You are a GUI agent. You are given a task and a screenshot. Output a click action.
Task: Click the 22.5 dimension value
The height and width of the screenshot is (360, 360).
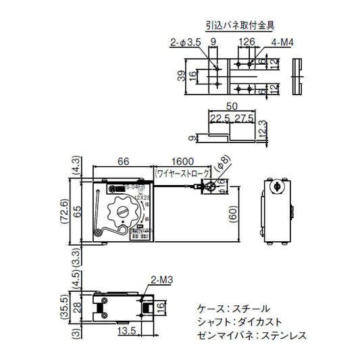click(x=217, y=119)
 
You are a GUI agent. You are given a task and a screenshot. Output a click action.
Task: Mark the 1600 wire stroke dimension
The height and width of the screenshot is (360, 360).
click(x=183, y=162)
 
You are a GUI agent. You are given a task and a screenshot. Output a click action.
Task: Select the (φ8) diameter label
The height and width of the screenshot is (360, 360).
click(x=222, y=163)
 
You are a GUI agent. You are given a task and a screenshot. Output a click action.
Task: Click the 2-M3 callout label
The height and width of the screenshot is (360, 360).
click(x=160, y=278)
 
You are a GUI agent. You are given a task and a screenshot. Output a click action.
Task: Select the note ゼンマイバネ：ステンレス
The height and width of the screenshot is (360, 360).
click(x=253, y=334)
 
